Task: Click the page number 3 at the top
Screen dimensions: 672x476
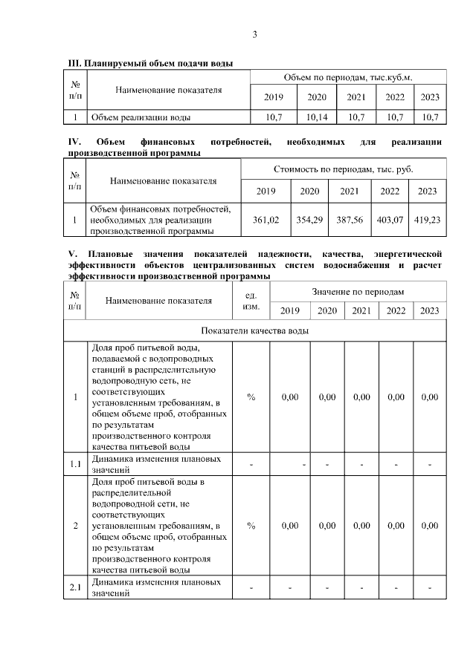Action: click(x=255, y=34)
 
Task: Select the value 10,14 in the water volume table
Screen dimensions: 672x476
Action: click(x=317, y=117)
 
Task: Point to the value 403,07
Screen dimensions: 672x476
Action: click(x=390, y=220)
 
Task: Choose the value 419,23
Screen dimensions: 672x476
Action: click(x=428, y=220)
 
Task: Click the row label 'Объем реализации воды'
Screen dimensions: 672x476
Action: click(x=140, y=117)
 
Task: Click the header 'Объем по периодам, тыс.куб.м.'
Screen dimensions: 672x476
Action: click(x=347, y=77)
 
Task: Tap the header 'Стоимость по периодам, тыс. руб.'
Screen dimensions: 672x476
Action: click(x=344, y=169)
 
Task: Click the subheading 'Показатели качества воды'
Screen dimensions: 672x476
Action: click(x=255, y=330)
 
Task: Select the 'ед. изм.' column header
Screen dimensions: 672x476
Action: click(x=251, y=300)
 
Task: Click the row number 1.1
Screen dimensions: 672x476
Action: click(x=75, y=465)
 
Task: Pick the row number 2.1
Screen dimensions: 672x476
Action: click(x=75, y=588)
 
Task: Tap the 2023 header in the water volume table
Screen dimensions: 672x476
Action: click(x=430, y=97)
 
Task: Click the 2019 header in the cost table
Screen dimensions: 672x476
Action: click(x=266, y=191)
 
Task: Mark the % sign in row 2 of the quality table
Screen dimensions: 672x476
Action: click(x=251, y=526)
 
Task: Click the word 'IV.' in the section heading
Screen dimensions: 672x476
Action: click(x=74, y=141)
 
